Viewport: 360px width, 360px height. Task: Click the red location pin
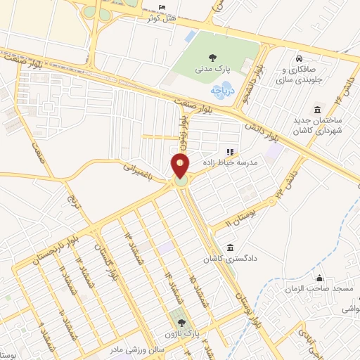click(181, 167)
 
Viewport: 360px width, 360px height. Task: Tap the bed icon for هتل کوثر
click(163, 8)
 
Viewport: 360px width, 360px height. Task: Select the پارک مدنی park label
click(212, 69)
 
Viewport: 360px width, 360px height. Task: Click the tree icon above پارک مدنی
click(212, 58)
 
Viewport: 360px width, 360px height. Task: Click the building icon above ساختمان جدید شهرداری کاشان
click(319, 110)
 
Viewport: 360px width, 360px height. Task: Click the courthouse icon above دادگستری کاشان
click(231, 247)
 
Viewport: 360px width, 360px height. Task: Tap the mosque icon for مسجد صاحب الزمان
click(320, 278)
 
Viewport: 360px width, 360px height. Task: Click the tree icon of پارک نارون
click(173, 322)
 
